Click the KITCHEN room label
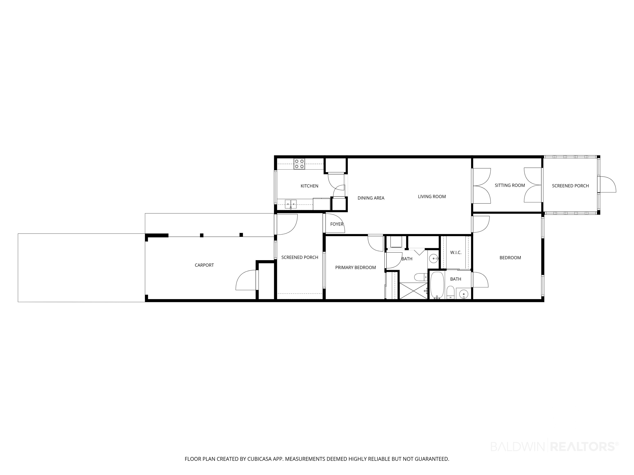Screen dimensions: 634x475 coord(309,186)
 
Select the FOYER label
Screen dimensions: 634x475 coord(337,224)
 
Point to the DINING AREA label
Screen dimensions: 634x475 coord(371,198)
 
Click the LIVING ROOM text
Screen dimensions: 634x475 coord(432,196)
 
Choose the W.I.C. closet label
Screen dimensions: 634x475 coord(456,253)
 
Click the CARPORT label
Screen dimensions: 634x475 coord(204,265)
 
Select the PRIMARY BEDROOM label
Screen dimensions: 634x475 coord(355,267)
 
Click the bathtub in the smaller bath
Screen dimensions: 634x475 coord(437,285)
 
